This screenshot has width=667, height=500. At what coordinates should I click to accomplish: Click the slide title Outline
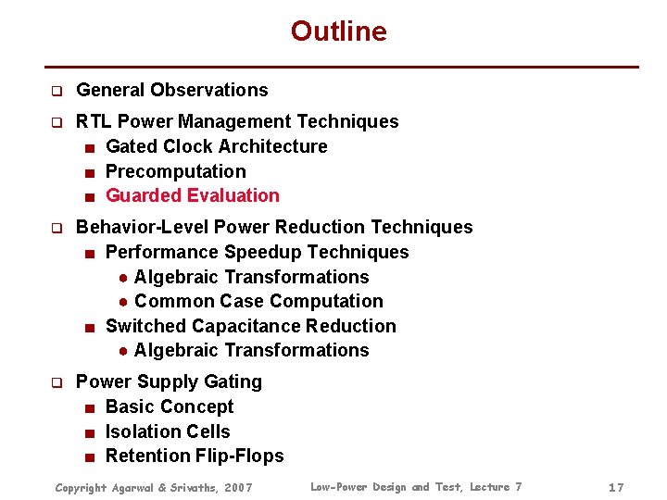click(x=338, y=31)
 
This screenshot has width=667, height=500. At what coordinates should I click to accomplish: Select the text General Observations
click(x=171, y=90)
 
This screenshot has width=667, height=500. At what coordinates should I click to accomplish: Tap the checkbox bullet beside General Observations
click(x=56, y=91)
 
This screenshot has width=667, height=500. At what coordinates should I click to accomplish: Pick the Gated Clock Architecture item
click(x=216, y=146)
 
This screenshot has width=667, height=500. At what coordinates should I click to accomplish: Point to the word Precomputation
click(x=175, y=171)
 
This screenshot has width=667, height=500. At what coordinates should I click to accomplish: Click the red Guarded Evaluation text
click(x=192, y=195)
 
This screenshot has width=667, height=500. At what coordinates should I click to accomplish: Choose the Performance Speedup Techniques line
click(x=257, y=252)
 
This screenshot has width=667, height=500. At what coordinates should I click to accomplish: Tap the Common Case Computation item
click(x=258, y=301)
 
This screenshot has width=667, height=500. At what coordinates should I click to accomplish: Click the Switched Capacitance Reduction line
click(x=250, y=326)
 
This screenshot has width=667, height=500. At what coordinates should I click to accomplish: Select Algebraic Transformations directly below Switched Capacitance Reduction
click(x=251, y=350)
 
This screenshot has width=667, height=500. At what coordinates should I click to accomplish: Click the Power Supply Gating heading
click(x=169, y=381)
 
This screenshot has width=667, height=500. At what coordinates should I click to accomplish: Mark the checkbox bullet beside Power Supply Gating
click(x=56, y=382)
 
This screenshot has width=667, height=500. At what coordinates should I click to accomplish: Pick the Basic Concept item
click(x=170, y=406)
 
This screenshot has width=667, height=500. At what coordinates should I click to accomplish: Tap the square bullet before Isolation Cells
click(x=88, y=432)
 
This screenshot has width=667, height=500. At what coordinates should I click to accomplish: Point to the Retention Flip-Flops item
click(x=195, y=456)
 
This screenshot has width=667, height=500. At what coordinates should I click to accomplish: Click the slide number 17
click(x=616, y=487)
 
